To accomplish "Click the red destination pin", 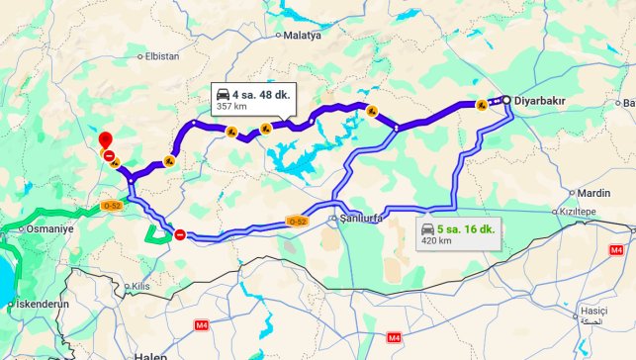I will [106, 140].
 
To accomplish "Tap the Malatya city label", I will [304, 36].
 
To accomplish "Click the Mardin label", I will [593, 193].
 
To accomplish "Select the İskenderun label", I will [42, 304].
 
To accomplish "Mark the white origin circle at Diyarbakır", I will [505, 100].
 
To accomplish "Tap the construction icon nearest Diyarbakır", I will [481, 104].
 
